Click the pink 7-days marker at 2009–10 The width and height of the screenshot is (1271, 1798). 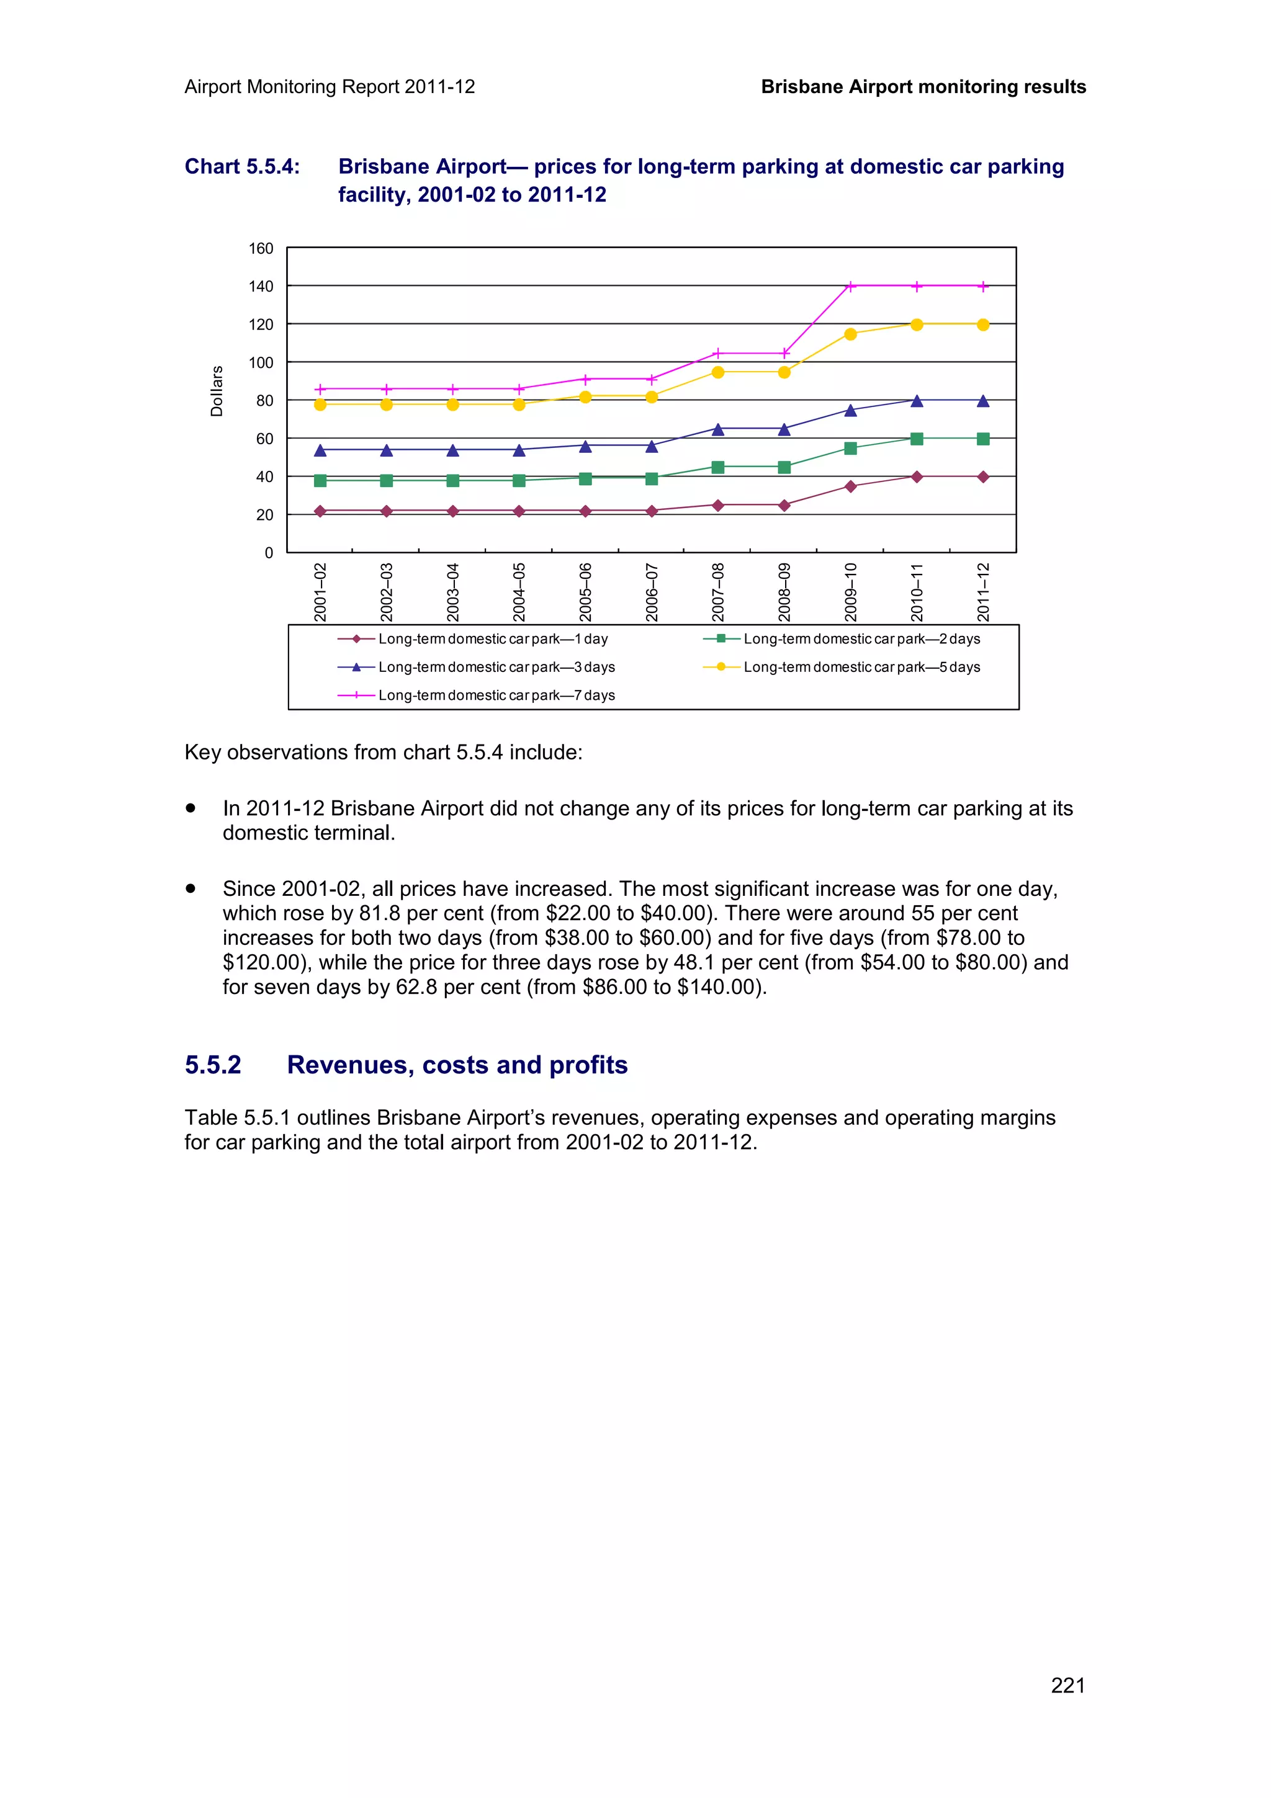[850, 286]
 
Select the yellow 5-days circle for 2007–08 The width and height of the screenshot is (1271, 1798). [717, 372]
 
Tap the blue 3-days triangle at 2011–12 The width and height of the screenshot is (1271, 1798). [983, 401]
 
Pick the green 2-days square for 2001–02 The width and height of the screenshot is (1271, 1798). [320, 481]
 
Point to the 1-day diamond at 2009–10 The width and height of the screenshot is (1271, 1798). [850, 486]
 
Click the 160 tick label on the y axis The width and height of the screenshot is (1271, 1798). [261, 249]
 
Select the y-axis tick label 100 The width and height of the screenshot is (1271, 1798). [261, 362]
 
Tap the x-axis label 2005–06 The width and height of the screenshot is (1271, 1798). [585, 591]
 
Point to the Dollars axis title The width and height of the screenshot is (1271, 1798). [217, 391]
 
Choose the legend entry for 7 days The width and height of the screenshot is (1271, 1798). [496, 695]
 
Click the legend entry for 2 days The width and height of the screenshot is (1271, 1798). [861, 639]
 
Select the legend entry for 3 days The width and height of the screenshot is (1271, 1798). [496, 667]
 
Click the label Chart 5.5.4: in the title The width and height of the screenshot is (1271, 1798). [242, 167]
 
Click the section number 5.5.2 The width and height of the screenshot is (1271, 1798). [213, 1065]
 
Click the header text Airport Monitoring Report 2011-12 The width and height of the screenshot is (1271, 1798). [330, 87]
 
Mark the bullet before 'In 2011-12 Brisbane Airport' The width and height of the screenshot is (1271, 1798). [191, 808]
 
